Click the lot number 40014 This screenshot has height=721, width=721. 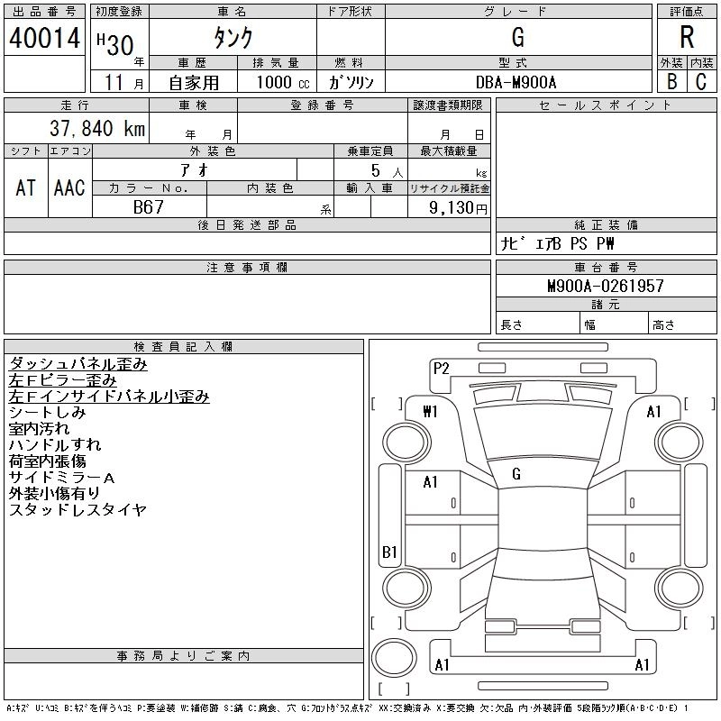pos(44,38)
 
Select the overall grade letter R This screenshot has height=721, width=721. pos(687,37)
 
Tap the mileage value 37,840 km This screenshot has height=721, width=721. pos(97,128)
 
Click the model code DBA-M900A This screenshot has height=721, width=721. pos(516,82)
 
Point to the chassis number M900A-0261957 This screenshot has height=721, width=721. pos(606,286)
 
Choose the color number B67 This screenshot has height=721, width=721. pos(149,207)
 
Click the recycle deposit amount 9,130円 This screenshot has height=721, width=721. pos(458,208)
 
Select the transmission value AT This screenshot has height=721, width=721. pos(26,187)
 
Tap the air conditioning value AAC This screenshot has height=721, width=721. pos(69,187)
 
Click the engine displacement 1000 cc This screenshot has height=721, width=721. pos(283,82)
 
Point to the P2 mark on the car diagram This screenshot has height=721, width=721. pos(441,369)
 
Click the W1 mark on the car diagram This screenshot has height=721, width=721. pos(430,411)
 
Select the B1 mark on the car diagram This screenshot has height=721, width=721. pos(389,552)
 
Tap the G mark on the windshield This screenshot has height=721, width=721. pos(516,474)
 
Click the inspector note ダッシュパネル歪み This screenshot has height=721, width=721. pos(78,364)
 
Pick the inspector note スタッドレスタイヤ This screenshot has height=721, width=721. pos(78,509)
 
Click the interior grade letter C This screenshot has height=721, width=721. pos(701,82)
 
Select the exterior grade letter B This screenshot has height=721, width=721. pos(672,82)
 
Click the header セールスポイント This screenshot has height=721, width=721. pos(606,105)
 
